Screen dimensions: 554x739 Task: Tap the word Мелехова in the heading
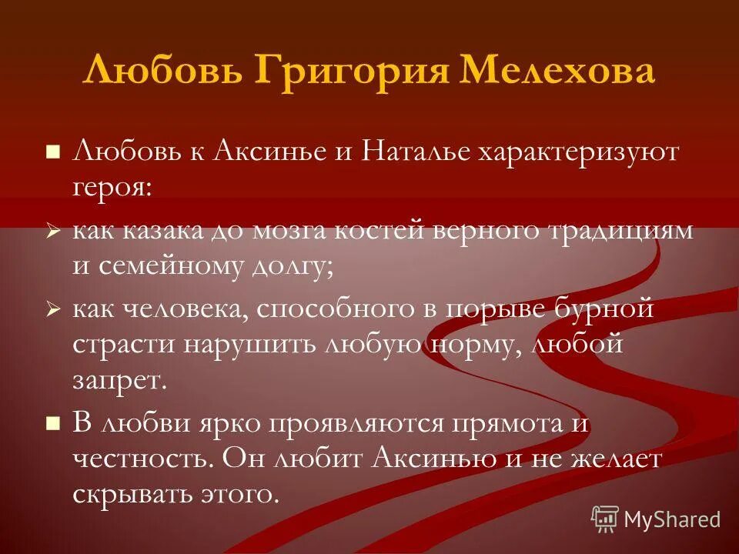557,72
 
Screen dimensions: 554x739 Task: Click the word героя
112,187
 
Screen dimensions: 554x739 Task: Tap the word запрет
119,379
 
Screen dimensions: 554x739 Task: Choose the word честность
142,459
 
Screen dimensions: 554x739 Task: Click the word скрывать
137,493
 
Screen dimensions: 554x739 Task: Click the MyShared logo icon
604,519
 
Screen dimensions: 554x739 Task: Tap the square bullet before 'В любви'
53,422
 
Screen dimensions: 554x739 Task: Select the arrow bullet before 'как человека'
53,309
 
